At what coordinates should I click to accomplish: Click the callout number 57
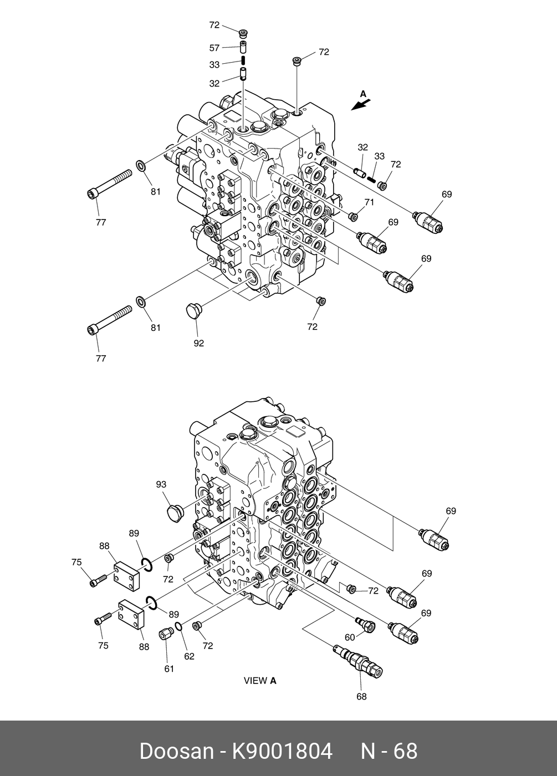pos(214,48)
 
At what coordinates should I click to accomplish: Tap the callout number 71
pos(369,203)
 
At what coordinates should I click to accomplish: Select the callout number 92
pos(198,343)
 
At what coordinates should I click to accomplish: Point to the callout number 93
pos(161,484)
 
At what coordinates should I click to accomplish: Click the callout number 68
pos(361,697)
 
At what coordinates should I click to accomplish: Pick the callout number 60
pos(350,637)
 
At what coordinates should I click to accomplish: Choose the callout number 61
pos(169,669)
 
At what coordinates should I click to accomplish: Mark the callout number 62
pos(190,657)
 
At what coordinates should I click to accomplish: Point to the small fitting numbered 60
pos(365,624)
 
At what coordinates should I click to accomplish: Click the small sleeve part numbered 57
pos(243,46)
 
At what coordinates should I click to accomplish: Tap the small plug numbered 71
pos(352,215)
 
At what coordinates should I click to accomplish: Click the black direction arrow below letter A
pos(360,104)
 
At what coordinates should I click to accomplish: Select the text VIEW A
pos(260,681)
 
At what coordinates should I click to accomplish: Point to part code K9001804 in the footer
pos(282,752)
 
